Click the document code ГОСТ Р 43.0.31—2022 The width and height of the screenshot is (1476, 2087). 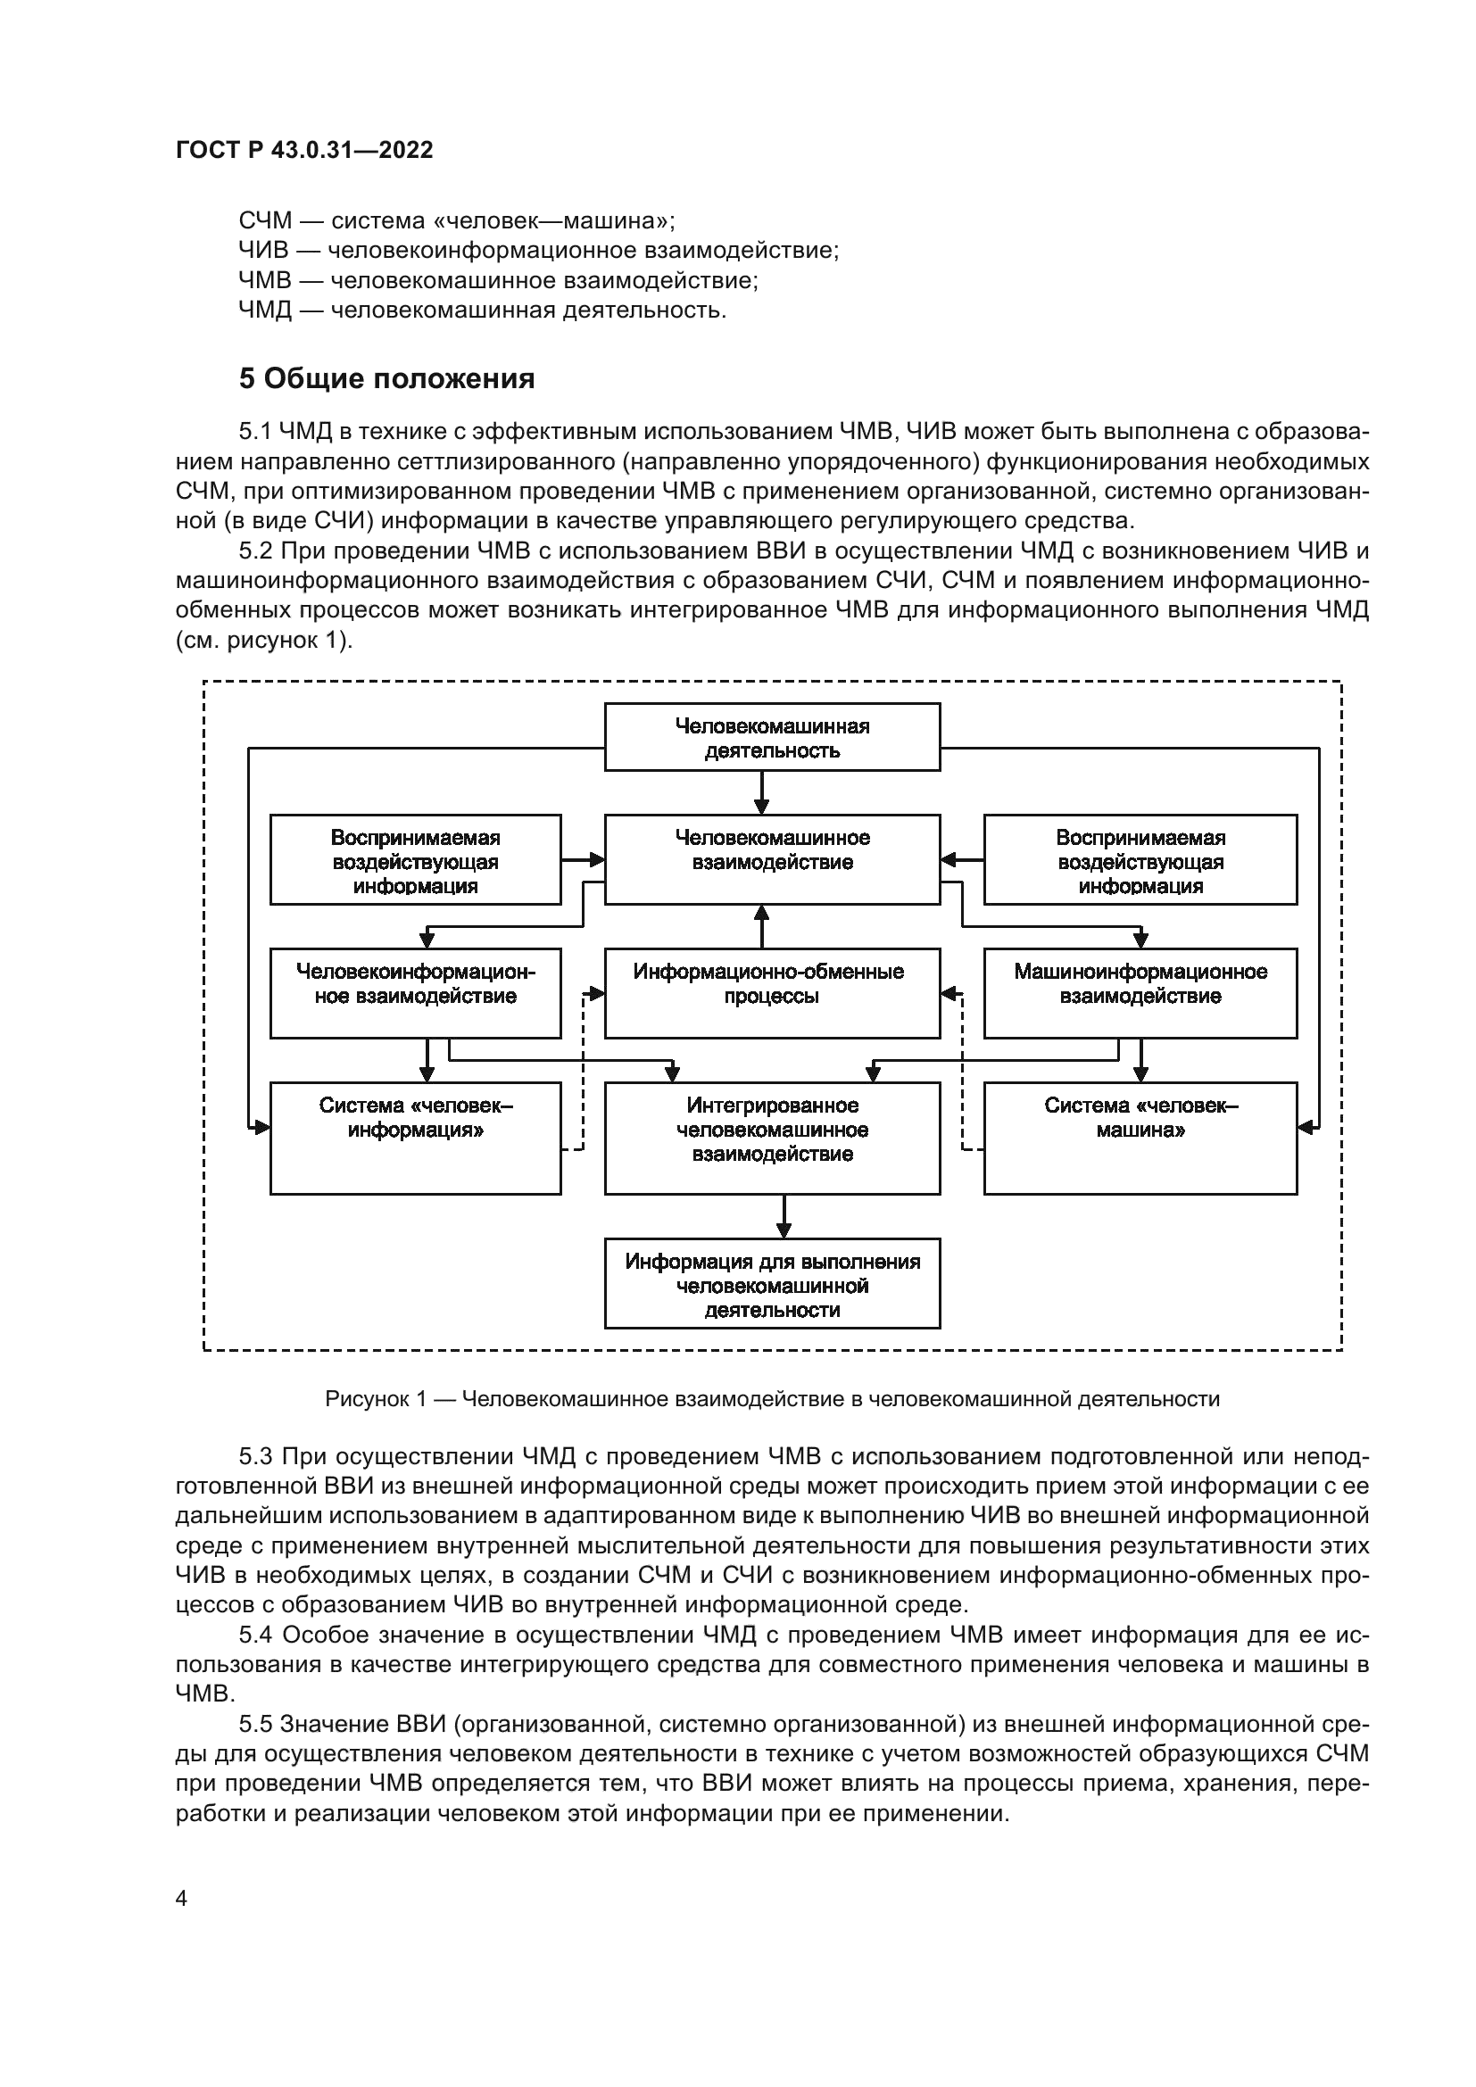[304, 150]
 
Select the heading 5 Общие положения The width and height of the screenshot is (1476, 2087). [387, 378]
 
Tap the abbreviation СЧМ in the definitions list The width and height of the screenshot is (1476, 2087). [265, 221]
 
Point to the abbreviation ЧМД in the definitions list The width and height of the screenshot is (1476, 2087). [265, 310]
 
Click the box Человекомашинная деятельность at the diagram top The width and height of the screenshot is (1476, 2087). [773, 737]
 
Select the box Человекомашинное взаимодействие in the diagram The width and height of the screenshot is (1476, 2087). [773, 859]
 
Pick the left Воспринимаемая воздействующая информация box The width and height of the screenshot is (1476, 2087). [415, 859]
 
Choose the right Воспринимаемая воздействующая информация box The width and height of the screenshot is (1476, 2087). [1140, 859]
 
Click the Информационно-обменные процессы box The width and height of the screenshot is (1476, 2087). [773, 993]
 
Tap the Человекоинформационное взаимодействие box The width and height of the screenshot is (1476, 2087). [415, 993]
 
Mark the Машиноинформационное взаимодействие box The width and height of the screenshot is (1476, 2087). [1140, 993]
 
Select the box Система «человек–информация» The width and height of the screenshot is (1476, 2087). [415, 1138]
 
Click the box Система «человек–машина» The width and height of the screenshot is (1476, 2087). [1140, 1138]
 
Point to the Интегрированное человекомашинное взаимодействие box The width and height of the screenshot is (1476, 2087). [773, 1138]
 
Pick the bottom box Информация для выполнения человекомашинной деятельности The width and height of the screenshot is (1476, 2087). [773, 1283]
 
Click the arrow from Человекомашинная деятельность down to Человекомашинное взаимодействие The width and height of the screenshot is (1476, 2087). [761, 792]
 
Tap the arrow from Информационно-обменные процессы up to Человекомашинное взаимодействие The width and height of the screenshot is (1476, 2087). [761, 927]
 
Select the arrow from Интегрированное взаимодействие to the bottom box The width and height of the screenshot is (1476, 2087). [785, 1216]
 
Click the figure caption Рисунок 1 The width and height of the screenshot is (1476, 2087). [773, 1399]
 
